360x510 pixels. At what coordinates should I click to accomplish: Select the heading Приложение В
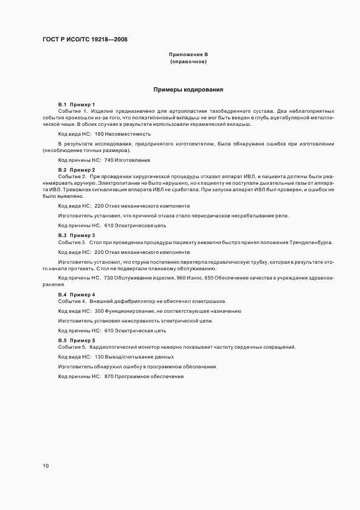(x=188, y=55)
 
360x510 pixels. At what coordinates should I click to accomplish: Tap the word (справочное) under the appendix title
(x=188, y=62)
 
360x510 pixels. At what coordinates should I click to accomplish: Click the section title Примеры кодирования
(x=188, y=89)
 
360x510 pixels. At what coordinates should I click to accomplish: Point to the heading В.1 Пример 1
(x=76, y=104)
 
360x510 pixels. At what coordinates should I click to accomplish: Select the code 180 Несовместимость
(x=123, y=133)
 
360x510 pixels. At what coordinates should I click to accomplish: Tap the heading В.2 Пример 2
(x=76, y=170)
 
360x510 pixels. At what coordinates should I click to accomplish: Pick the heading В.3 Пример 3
(x=76, y=235)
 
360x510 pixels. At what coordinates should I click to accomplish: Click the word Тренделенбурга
(x=313, y=242)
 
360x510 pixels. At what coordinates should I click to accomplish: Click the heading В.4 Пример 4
(x=76, y=294)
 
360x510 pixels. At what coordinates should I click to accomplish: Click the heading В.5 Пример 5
(x=76, y=340)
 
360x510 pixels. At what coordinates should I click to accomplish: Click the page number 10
(x=45, y=466)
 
